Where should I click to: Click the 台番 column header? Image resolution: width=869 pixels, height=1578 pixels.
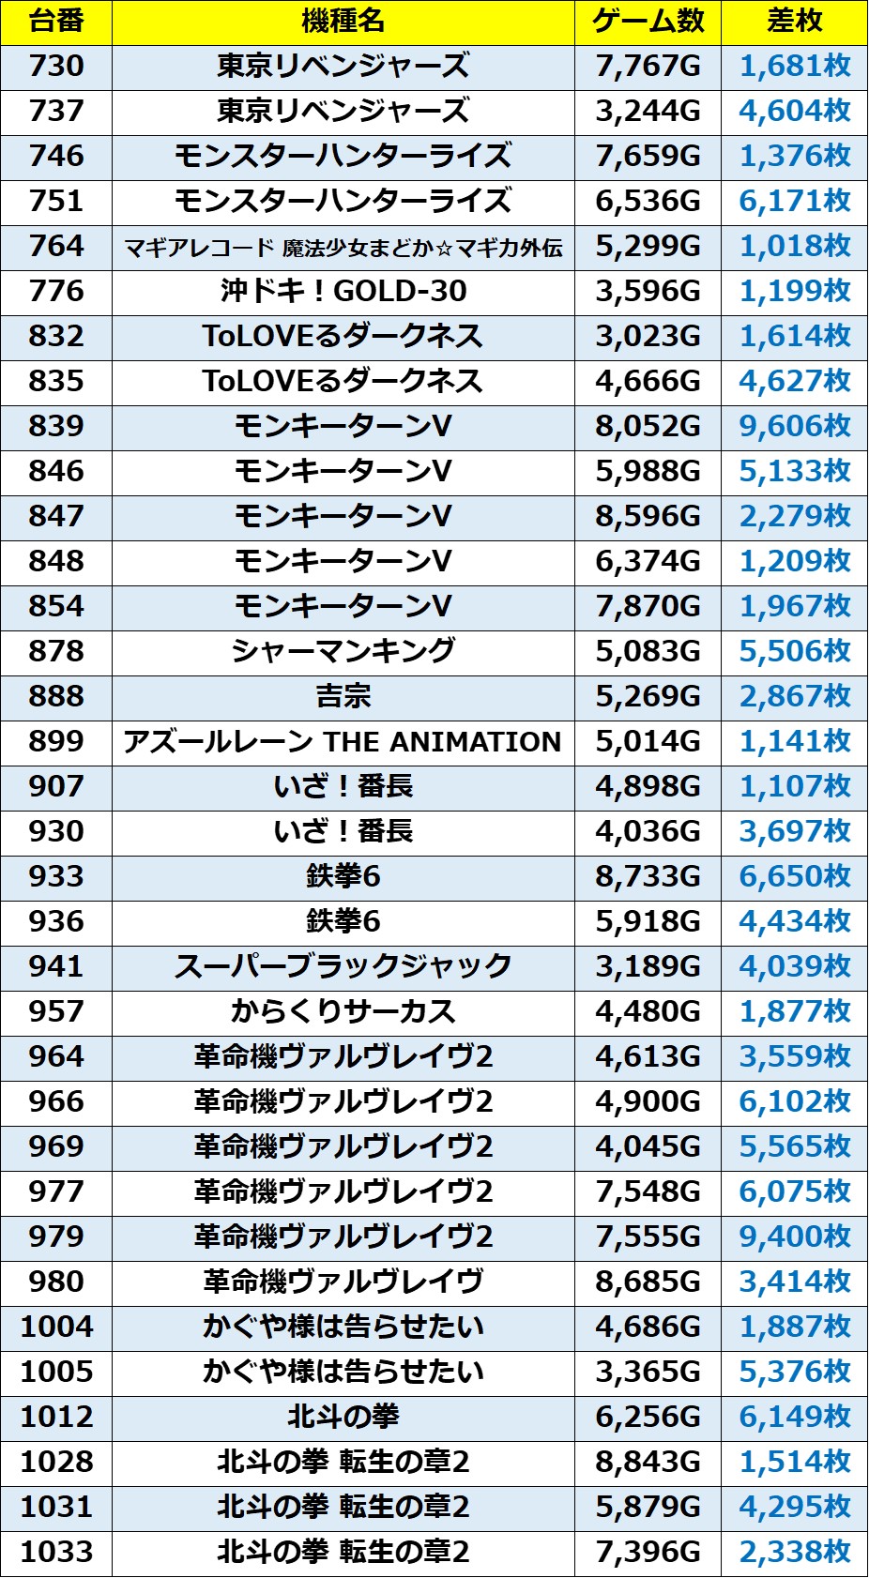[x=56, y=22]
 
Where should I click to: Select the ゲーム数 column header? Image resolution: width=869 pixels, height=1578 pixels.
[x=648, y=22]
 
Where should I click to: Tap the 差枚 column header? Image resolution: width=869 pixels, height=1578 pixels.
[x=794, y=22]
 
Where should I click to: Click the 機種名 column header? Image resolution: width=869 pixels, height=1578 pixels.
[x=343, y=22]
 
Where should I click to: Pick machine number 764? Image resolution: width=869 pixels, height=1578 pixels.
[x=56, y=247]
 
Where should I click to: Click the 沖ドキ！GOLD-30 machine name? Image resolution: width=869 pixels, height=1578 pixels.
[x=343, y=292]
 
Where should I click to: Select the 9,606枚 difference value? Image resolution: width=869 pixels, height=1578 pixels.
[x=794, y=427]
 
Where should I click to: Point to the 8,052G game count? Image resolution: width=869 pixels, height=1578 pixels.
[x=648, y=427]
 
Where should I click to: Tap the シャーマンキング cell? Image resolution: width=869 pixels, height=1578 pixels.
[x=343, y=652]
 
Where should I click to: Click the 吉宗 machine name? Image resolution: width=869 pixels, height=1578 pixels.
[x=343, y=697]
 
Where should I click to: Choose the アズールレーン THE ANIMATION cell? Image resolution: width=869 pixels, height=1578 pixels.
[x=343, y=742]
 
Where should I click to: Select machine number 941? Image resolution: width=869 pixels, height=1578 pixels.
[x=56, y=967]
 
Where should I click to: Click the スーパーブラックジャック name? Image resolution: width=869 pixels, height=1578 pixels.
[x=343, y=967]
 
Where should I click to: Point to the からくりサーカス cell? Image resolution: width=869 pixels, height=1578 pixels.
[x=343, y=1012]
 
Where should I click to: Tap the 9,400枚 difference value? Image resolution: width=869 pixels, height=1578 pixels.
[x=794, y=1237]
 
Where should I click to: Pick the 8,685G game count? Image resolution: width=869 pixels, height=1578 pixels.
[x=648, y=1282]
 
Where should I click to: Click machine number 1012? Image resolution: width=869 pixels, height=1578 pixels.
[x=56, y=1418]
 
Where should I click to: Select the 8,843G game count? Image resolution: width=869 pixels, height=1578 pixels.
[x=648, y=1463]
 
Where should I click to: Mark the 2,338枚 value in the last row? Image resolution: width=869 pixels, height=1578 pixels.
[x=794, y=1553]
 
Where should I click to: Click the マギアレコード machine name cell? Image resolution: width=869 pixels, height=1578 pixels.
[x=343, y=247]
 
